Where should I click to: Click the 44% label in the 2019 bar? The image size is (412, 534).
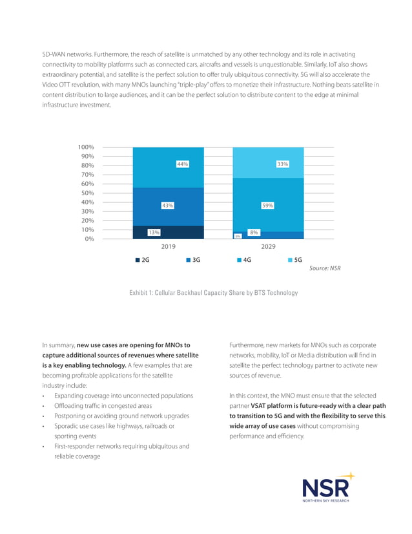pyautogui.click(x=182, y=165)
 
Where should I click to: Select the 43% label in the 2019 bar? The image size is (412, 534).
pyautogui.click(x=167, y=206)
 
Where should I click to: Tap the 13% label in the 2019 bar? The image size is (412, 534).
pyautogui.click(x=154, y=232)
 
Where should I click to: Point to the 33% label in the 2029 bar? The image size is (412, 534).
pyautogui.click(x=282, y=165)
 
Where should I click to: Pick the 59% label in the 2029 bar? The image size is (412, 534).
pyautogui.click(x=267, y=206)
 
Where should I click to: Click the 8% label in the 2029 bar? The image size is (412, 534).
pyautogui.click(x=254, y=232)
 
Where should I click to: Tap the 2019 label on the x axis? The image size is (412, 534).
pyautogui.click(x=168, y=247)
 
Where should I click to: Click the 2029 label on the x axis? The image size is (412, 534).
pyautogui.click(x=267, y=247)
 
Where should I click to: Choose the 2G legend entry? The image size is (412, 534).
pyautogui.click(x=143, y=261)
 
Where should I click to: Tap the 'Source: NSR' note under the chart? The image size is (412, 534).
pyautogui.click(x=325, y=269)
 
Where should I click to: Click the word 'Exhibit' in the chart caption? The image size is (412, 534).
pyautogui.click(x=140, y=294)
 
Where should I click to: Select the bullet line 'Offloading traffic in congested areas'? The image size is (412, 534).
pyautogui.click(x=107, y=405)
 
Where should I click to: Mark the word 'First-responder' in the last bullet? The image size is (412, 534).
pyautogui.click(x=75, y=446)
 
